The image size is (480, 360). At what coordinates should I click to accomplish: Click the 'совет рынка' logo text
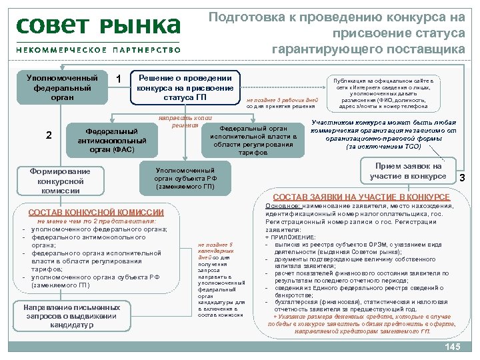[x=99, y=27]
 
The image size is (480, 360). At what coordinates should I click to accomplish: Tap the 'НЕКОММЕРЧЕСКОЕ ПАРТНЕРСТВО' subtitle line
[x=99, y=49]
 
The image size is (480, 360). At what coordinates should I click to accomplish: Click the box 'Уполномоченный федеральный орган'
[x=57, y=87]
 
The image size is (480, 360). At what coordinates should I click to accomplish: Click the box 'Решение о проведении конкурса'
[x=185, y=87]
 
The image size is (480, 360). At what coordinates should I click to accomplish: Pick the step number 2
[x=49, y=135]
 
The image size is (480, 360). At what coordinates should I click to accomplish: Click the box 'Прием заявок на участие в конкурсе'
[x=407, y=171]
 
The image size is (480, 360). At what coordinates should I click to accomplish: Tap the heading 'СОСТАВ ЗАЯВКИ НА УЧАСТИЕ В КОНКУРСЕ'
[x=361, y=197]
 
